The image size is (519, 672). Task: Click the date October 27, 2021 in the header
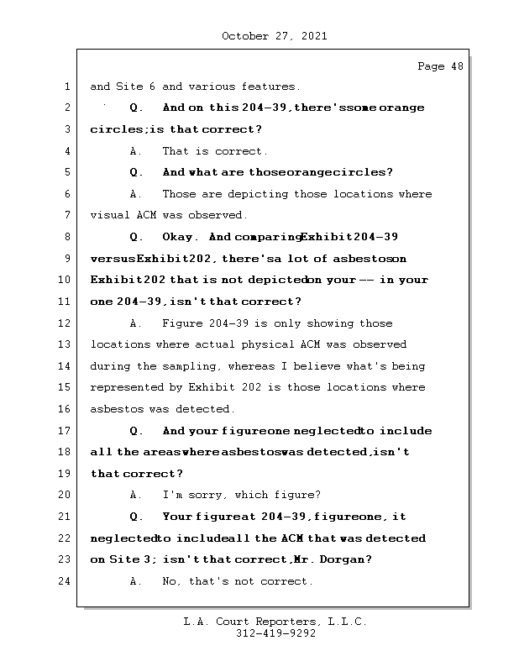tap(274, 36)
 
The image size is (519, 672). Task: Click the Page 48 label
tap(440, 66)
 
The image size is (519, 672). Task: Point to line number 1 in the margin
tap(67, 87)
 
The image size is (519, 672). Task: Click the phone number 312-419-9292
tap(275, 634)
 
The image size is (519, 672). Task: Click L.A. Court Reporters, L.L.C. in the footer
tap(275, 622)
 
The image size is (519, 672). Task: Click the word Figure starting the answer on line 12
tap(182, 323)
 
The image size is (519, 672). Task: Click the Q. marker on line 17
tap(137, 431)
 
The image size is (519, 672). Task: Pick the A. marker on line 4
tap(136, 151)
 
